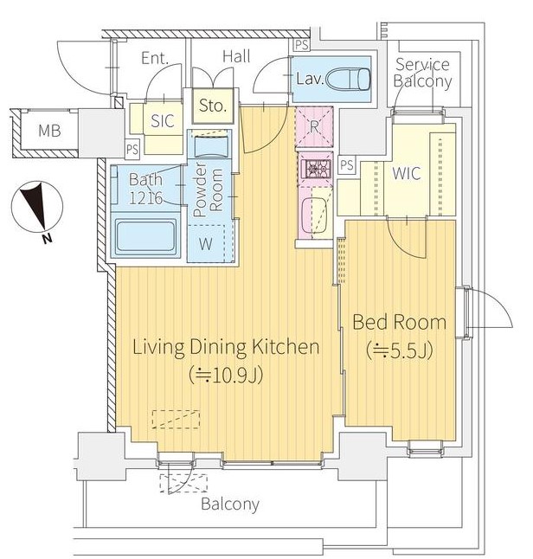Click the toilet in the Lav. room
(x=349, y=79)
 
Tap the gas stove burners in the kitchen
(x=316, y=168)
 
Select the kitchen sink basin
(x=314, y=215)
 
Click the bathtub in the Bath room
(x=145, y=236)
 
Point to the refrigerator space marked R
(x=314, y=126)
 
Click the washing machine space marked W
(x=206, y=244)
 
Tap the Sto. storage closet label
(x=213, y=106)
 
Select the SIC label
(x=162, y=121)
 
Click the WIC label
(x=406, y=173)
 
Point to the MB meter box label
(x=49, y=131)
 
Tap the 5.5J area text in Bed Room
(x=399, y=350)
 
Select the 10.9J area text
(x=227, y=375)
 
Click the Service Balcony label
(x=422, y=73)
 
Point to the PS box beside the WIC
(x=347, y=164)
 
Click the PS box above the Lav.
(x=302, y=45)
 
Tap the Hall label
(x=236, y=57)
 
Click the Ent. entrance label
(x=155, y=58)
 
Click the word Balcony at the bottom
(x=230, y=504)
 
